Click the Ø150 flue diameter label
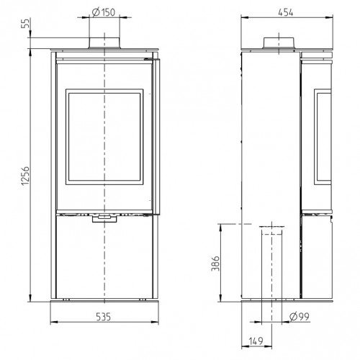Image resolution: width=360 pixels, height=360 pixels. pos(104,12)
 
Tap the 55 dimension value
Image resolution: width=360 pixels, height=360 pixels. pos(25,23)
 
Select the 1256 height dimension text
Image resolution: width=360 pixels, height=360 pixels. pos(25,176)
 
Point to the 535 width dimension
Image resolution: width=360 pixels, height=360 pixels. pos(104,317)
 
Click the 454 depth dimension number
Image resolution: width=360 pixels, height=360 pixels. pos(286,12)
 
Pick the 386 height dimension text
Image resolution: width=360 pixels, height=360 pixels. pos(215,264)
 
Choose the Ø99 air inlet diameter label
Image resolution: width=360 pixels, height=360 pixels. pos(300,317)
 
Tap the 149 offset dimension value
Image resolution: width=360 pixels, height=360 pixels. pos(256,341)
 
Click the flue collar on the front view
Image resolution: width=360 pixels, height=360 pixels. pos(104,43)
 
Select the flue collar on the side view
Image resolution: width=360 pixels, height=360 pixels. pos(279,44)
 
